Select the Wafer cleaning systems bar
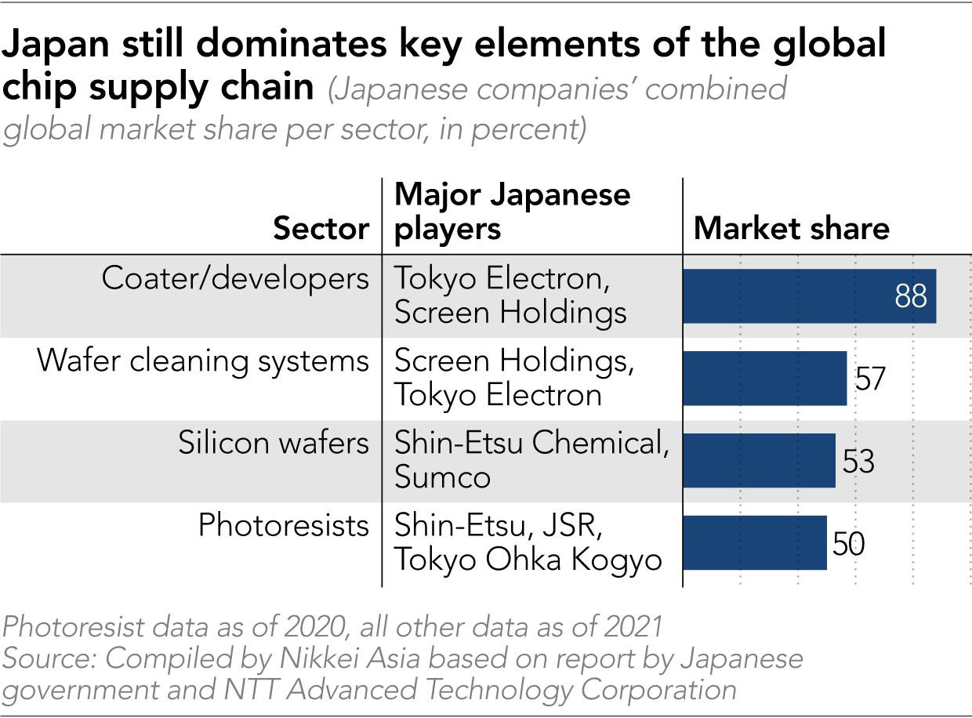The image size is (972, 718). click(x=765, y=378)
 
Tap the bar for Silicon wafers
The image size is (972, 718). click(x=759, y=460)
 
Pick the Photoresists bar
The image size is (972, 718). click(x=755, y=542)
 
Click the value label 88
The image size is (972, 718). click(x=910, y=296)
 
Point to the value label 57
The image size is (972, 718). click(x=869, y=379)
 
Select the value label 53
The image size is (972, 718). click(x=858, y=461)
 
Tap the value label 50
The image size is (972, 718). click(x=848, y=543)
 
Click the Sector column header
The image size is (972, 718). click(x=321, y=228)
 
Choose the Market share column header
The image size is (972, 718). click(x=792, y=228)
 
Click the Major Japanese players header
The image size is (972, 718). click(x=512, y=211)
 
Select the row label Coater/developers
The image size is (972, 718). click(x=235, y=278)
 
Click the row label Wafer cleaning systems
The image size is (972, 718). click(x=203, y=361)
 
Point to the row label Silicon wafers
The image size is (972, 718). click(x=273, y=443)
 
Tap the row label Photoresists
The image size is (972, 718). click(x=283, y=524)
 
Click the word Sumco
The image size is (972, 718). click(x=442, y=477)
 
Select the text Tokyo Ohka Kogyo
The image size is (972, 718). click(x=528, y=560)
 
